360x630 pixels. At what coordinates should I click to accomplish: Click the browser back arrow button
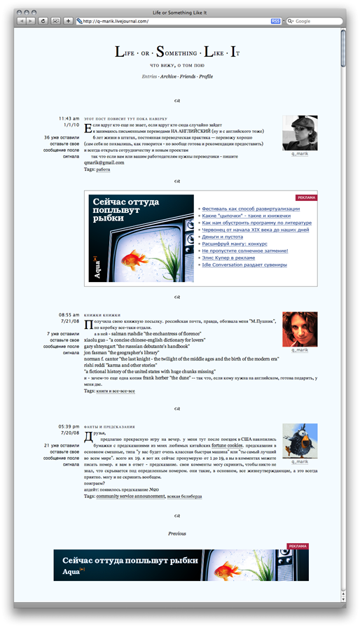tap(22, 21)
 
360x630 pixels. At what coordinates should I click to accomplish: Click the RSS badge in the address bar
tap(275, 21)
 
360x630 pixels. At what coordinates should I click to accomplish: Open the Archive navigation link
tap(168, 76)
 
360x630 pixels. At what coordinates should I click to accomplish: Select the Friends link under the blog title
tap(187, 76)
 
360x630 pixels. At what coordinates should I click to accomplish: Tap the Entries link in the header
tap(148, 76)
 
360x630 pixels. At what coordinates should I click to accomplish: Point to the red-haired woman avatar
tap(300, 328)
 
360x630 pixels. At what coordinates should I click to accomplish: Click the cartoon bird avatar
tap(300, 440)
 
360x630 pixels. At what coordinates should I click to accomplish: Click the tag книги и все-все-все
tap(116, 391)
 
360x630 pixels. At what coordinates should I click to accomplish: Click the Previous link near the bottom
tap(176, 533)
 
